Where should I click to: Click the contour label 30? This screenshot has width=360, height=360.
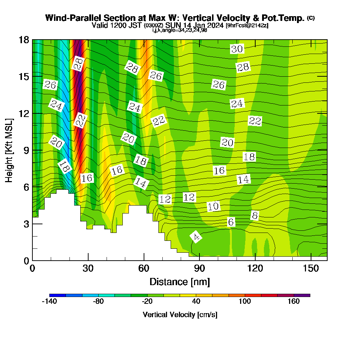[x=237, y=49]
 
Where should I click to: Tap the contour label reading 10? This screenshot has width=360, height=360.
[x=213, y=206]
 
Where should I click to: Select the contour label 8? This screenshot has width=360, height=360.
[x=255, y=216]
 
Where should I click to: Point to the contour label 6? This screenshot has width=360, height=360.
[x=231, y=222]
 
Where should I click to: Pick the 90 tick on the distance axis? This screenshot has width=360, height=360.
[x=199, y=268]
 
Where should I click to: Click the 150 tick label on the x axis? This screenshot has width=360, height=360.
[x=310, y=268]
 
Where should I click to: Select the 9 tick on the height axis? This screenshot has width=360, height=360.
[x=26, y=150]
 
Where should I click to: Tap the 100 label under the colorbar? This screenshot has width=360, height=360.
[x=245, y=302]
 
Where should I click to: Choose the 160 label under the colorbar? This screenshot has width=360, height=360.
[x=294, y=302]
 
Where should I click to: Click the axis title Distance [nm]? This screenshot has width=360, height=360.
[x=180, y=281]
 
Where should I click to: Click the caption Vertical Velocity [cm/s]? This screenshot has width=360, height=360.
[x=180, y=315]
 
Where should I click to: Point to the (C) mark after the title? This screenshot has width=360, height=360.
[x=311, y=18]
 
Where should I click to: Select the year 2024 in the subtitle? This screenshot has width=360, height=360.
[x=215, y=26]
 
